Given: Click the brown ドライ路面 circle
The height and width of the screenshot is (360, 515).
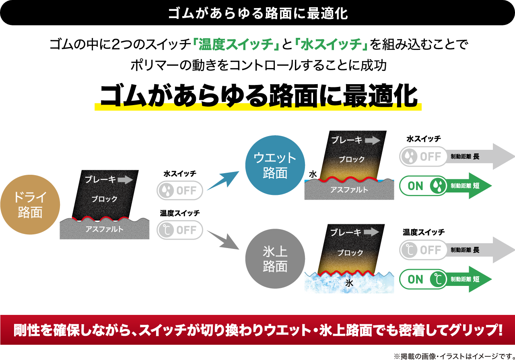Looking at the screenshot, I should [x=30, y=205].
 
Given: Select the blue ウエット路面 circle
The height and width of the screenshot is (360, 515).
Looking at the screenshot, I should [x=275, y=165].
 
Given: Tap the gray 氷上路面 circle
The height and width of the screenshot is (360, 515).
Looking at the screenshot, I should [x=275, y=259].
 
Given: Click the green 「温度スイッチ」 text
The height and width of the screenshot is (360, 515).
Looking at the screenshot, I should [x=235, y=44].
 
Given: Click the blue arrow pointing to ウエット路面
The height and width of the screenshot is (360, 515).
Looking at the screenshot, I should [x=223, y=180].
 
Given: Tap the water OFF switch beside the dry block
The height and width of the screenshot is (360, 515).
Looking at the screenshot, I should [x=179, y=190].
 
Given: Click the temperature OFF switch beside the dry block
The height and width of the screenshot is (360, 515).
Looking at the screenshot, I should [x=179, y=230].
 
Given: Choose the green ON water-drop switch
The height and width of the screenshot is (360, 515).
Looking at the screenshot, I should [x=423, y=186].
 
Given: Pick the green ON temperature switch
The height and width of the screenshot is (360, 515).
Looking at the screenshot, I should [x=423, y=279].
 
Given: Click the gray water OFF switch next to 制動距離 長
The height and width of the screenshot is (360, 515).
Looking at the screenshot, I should [x=423, y=156].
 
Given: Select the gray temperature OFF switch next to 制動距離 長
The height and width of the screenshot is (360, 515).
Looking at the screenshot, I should [x=423, y=250].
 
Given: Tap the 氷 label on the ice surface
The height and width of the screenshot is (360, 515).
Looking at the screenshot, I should [x=349, y=283].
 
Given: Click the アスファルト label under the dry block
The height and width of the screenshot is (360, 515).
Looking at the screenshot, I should [x=105, y=230].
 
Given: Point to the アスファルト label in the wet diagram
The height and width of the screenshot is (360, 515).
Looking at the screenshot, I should [x=349, y=190].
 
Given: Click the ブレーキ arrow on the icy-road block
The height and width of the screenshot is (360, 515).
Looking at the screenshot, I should [x=371, y=232].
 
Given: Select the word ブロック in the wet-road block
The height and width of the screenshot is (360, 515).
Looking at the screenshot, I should [x=351, y=159].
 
